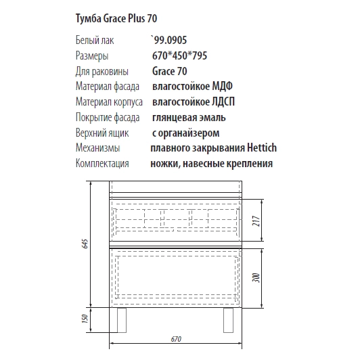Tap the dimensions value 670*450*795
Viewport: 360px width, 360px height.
(179, 56)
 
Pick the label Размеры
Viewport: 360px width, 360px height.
(92, 56)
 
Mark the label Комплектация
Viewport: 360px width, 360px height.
(103, 164)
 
